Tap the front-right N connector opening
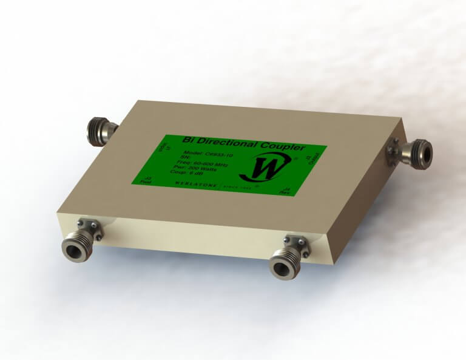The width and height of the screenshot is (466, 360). click(x=282, y=267)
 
